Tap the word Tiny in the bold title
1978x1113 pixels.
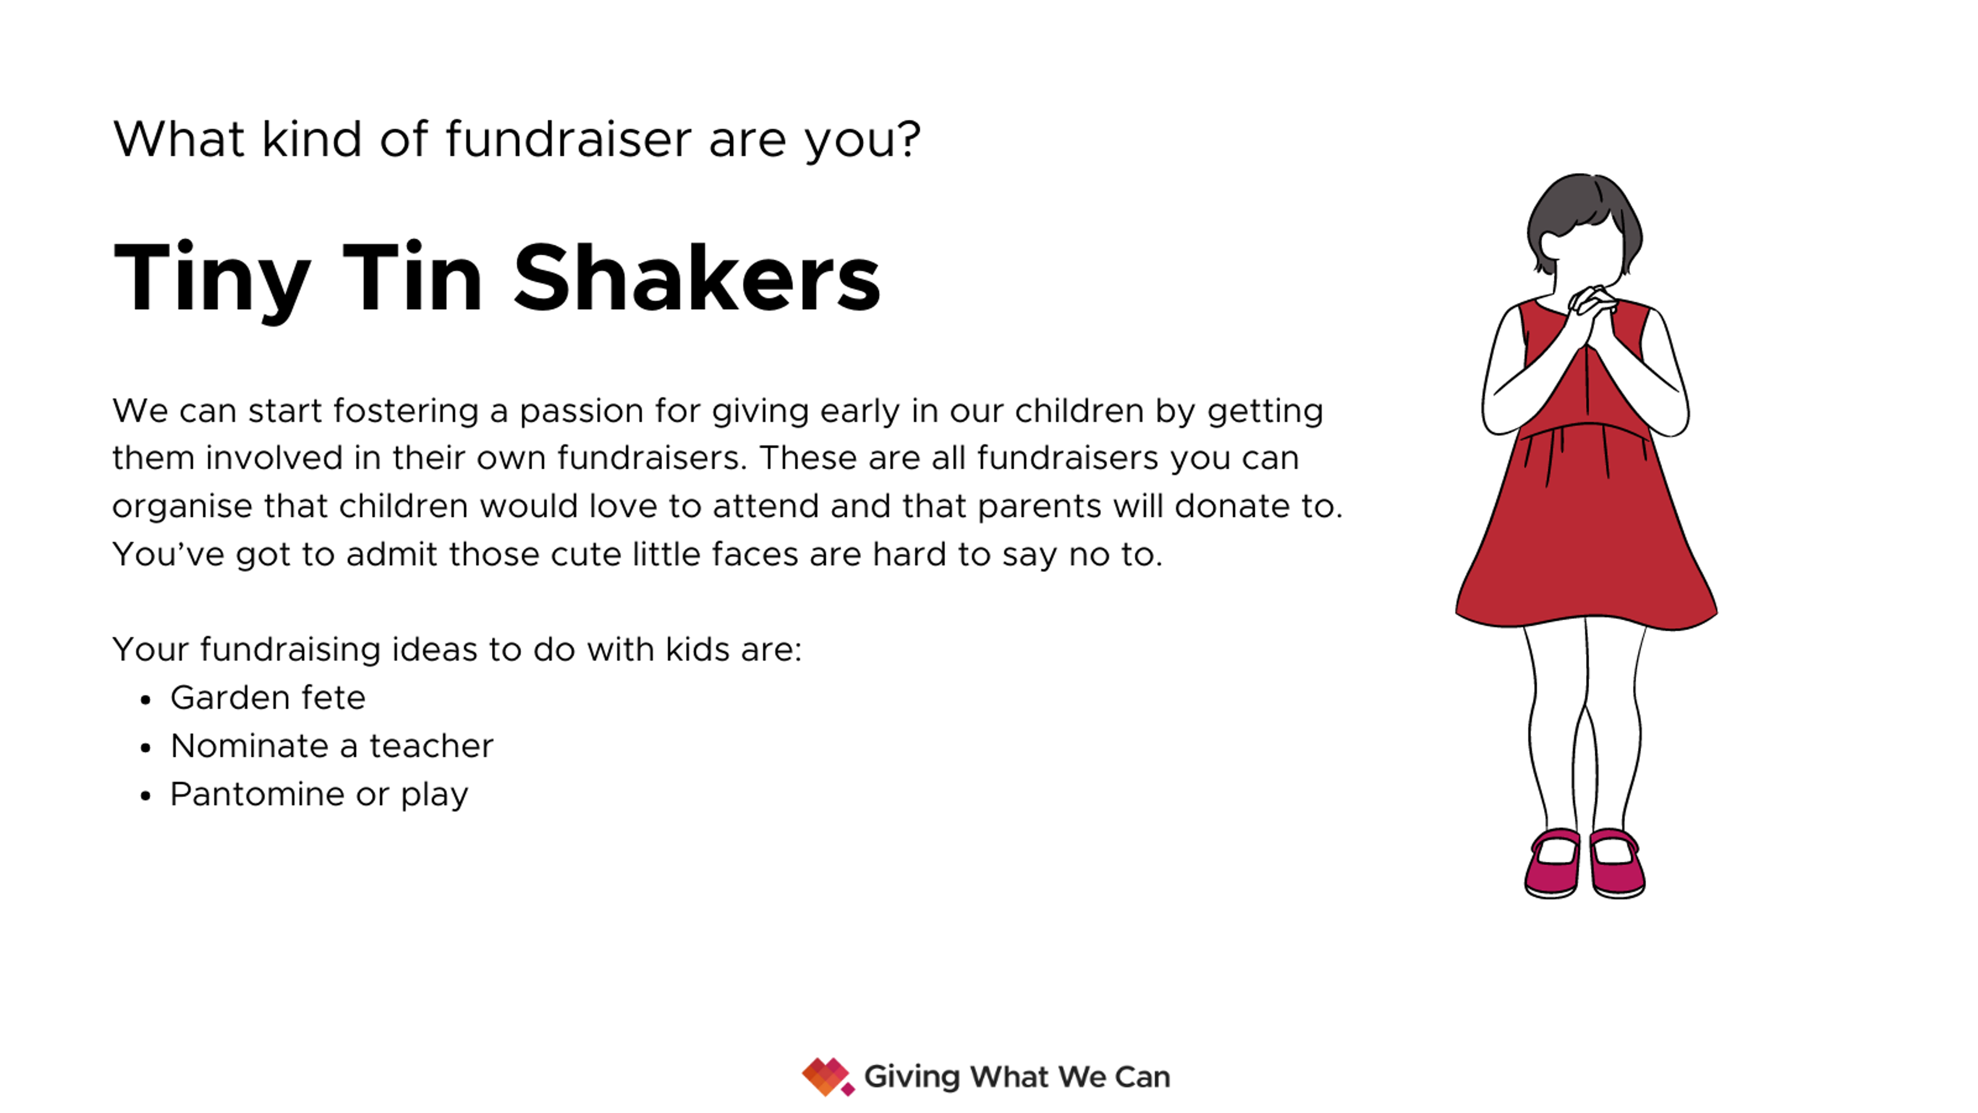point(212,281)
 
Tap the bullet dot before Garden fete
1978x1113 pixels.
point(146,700)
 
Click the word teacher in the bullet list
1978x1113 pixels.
point(432,746)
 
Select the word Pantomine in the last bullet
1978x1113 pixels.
point(257,794)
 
